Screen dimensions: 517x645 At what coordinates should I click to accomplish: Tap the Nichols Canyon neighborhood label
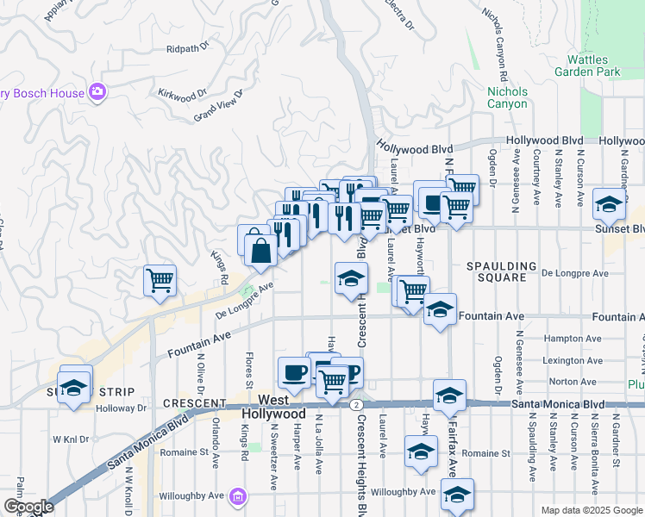(x=507, y=97)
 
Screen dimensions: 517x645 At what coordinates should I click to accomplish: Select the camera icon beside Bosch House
(x=97, y=92)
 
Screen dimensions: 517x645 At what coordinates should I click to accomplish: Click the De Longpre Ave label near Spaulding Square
(x=575, y=273)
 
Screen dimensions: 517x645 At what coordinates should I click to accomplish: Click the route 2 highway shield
(x=355, y=403)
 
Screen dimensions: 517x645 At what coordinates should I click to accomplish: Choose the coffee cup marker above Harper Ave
(x=294, y=371)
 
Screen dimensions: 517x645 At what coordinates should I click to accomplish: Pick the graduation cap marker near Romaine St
(x=420, y=451)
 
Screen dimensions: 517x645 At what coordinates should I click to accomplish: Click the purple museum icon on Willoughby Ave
(x=239, y=495)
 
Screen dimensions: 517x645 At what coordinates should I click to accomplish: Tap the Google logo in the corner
(x=28, y=507)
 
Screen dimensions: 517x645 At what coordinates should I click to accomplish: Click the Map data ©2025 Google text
(x=592, y=510)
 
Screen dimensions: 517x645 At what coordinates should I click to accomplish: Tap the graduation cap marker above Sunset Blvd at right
(x=609, y=204)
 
